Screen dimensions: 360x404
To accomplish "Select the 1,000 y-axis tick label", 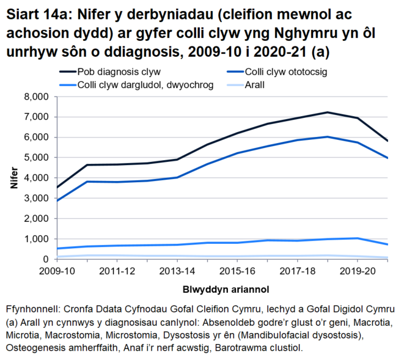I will [35, 239].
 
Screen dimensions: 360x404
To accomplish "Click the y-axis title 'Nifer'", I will [13, 178].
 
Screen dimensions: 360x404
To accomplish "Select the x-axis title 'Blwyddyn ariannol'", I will [221, 288].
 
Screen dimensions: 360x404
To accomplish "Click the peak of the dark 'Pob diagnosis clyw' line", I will [328, 112].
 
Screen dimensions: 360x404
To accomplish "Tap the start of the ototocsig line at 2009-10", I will [56, 200].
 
